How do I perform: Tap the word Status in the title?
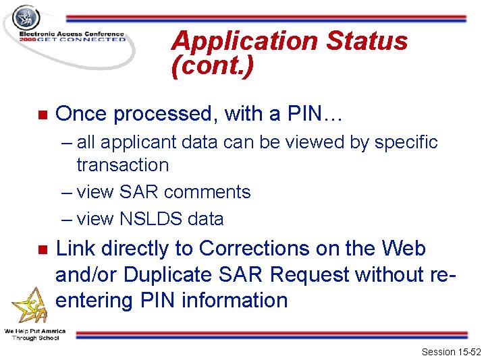point(367,41)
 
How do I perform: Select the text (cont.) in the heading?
point(213,67)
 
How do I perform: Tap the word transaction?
point(122,165)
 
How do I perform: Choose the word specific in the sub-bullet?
point(406,143)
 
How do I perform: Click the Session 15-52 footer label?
point(450,352)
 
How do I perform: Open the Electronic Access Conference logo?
point(67,30)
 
